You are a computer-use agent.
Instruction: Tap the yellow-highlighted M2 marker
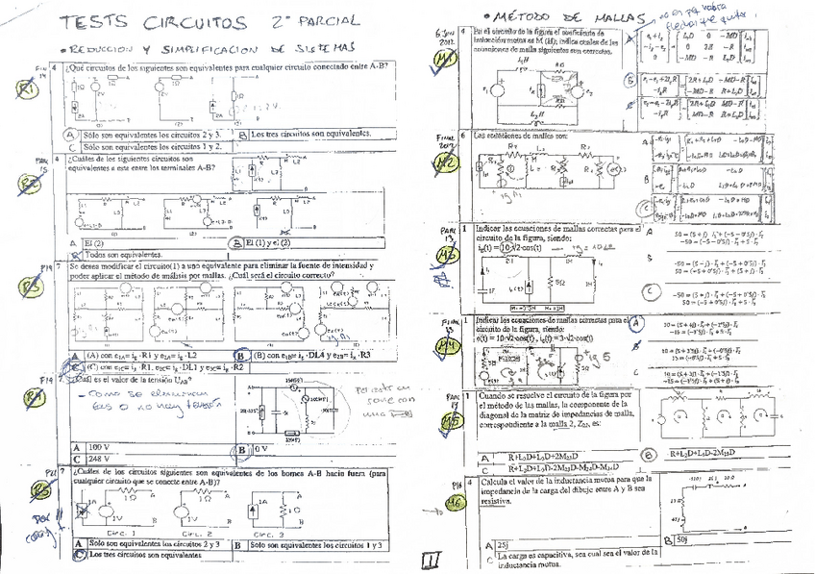(x=447, y=164)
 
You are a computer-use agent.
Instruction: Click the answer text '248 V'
(x=100, y=460)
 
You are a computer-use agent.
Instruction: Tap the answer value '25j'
(x=504, y=544)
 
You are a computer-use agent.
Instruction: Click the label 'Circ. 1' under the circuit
(x=119, y=532)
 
